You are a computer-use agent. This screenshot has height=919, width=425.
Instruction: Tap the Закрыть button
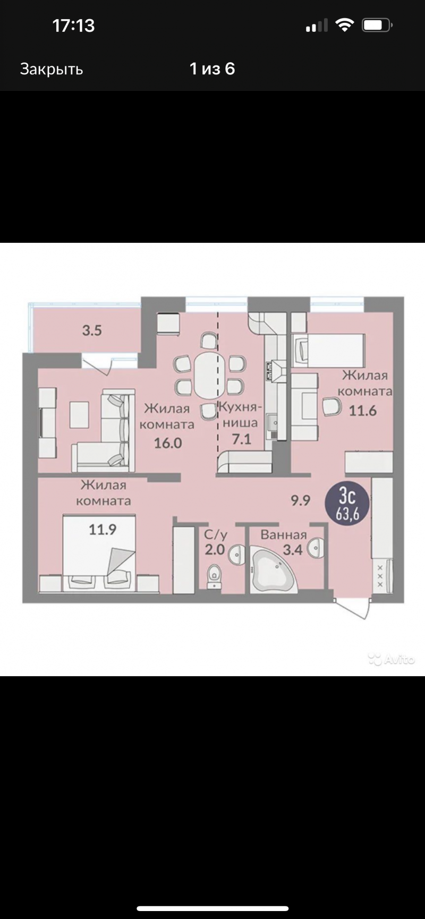pos(52,69)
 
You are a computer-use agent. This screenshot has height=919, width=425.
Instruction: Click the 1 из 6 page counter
pos(212,69)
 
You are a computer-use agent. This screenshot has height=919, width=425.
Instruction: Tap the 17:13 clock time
pos(73,25)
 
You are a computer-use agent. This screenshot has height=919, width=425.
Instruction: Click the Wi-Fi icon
pos(345,25)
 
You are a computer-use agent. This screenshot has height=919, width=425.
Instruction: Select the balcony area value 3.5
pos(92,330)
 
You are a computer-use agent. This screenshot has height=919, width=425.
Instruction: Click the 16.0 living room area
pos(168,443)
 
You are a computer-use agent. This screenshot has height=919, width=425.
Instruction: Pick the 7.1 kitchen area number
pos(242,439)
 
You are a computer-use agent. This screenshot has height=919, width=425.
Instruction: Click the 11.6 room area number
pos(363,410)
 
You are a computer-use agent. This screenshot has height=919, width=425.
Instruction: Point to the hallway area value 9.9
pos(300,500)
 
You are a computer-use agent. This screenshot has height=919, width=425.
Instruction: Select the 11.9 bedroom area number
pos(103,529)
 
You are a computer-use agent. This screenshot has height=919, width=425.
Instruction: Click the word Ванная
pos(284,534)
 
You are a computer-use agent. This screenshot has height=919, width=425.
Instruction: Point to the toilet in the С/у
pos(215,576)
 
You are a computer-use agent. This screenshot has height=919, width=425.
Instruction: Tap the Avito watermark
pos(391,659)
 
